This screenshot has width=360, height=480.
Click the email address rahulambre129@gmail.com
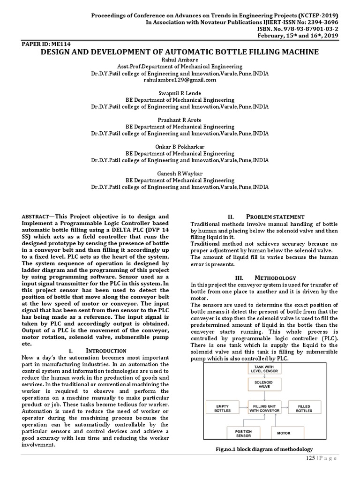[180, 80]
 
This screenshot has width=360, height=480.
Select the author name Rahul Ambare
[180, 60]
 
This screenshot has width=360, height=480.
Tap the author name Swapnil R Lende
[180, 93]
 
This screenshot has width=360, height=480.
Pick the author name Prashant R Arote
[180, 120]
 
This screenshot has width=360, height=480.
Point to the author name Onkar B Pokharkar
[180, 147]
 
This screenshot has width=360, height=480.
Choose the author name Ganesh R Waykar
[180, 173]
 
